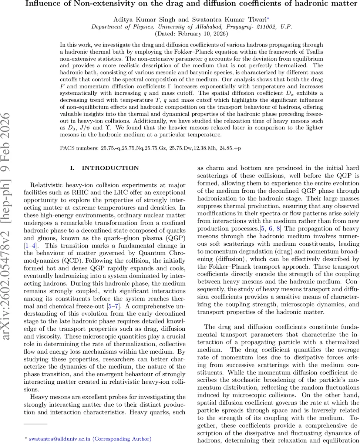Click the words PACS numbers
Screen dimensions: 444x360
79,148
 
